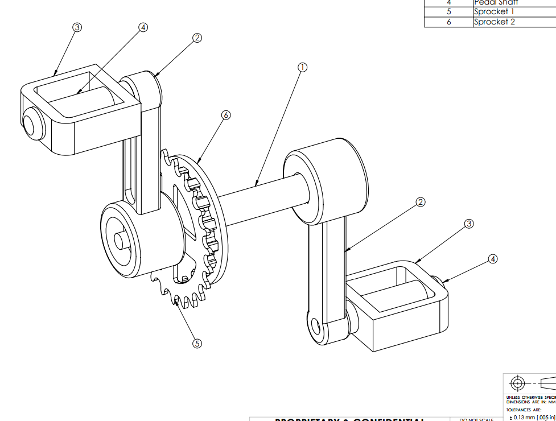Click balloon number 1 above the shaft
click(302, 67)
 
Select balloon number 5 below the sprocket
click(197, 343)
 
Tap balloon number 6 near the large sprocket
click(226, 115)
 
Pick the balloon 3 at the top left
click(77, 27)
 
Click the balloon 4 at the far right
click(493, 259)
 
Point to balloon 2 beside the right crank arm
click(421, 202)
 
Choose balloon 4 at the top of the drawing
click(143, 27)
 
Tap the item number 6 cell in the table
click(448, 22)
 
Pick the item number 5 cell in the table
click(448, 11)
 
